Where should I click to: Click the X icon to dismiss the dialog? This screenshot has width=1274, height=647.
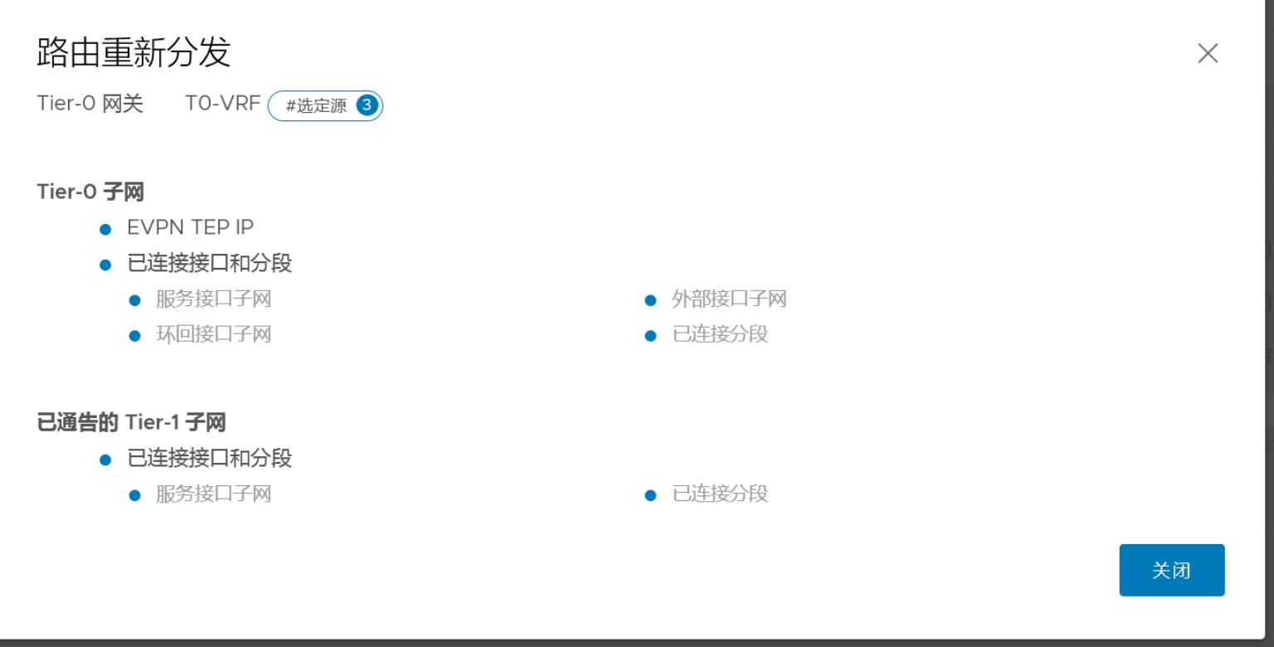(x=1208, y=54)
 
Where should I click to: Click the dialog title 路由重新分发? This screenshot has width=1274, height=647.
(x=134, y=53)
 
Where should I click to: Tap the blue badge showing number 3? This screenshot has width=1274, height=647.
(x=367, y=105)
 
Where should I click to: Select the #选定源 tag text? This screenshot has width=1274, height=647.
(x=316, y=106)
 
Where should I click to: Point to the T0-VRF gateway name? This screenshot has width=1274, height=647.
(x=222, y=104)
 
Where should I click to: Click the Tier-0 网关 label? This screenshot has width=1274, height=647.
(x=90, y=104)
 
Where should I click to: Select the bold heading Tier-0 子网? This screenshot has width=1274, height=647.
(x=90, y=192)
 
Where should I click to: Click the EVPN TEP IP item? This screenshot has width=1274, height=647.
(x=190, y=227)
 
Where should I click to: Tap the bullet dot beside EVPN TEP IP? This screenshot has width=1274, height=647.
(x=105, y=229)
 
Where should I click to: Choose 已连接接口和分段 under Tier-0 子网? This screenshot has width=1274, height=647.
(x=209, y=264)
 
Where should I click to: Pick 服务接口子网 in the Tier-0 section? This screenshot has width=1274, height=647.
(x=213, y=299)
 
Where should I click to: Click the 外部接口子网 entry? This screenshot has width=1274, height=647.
(x=729, y=299)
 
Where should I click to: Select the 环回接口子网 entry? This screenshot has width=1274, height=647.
(x=213, y=334)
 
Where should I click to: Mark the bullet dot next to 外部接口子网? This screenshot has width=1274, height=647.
(x=650, y=300)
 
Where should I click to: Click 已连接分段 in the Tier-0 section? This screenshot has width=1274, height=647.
(x=720, y=334)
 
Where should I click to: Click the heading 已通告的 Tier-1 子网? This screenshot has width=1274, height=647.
(x=131, y=422)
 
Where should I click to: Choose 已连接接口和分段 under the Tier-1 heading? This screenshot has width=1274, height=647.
(x=209, y=458)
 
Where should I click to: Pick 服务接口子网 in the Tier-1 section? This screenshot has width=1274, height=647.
(x=213, y=494)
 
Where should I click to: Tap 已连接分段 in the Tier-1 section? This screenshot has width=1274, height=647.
(x=720, y=494)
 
